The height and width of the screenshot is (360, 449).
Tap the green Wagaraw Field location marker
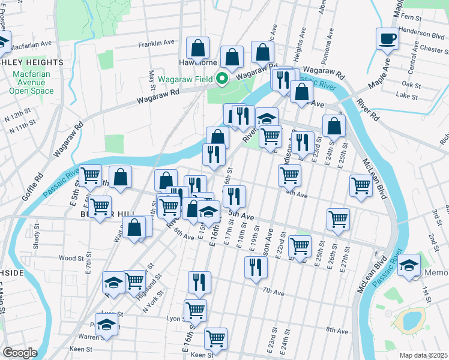click(x=221, y=78)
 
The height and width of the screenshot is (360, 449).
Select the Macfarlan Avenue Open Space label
click(x=31, y=82)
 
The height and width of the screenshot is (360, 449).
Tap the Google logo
click(x=20, y=352)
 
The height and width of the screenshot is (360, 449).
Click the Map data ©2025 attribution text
click(x=423, y=355)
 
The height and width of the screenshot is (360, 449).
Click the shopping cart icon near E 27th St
click(x=338, y=219)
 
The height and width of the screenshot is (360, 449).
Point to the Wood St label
click(x=70, y=258)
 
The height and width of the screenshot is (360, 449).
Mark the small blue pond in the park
click(x=410, y=320)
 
